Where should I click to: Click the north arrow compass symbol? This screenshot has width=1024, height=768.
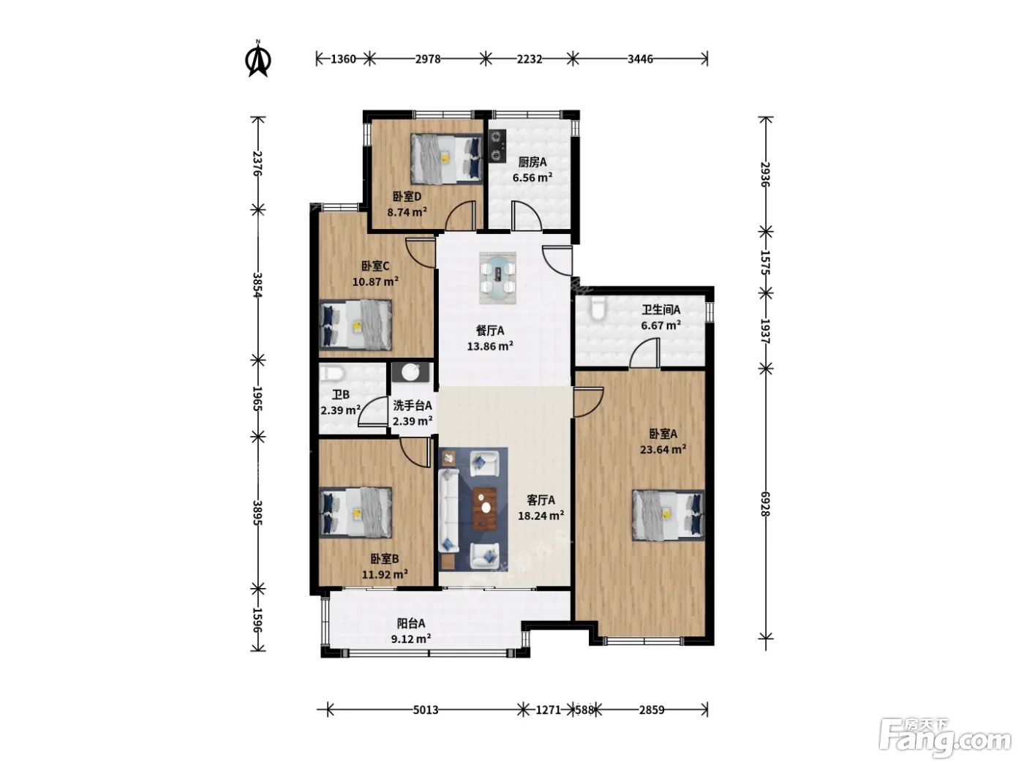coord(258,59)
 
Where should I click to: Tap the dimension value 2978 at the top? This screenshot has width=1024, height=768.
coord(427,59)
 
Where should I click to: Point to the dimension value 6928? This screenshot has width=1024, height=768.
coord(764,504)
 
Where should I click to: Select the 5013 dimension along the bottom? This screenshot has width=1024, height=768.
coord(426,709)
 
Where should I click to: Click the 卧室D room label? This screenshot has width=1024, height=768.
coord(407,196)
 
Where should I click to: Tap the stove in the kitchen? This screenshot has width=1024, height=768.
coord(497,146)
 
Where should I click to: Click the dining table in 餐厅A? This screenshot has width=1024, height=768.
coord(498,278)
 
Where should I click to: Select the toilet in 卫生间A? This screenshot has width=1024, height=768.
coord(597,307)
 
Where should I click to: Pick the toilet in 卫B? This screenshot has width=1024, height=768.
coord(331,374)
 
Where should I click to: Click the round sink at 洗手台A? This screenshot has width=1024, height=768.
coord(411,372)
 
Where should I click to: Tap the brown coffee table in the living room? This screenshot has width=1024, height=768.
coord(484,509)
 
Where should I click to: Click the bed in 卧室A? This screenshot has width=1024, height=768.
coord(668,515)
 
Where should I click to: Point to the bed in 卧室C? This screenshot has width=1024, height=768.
coord(355,325)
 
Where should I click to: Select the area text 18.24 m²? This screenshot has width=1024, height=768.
coord(541,515)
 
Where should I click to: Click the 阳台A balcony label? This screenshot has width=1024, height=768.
coord(410,623)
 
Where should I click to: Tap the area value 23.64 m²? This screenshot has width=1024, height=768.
coord(663,449)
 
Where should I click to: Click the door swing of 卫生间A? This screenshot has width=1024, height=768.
coord(644,353)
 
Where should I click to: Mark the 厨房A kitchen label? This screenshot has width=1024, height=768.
coord(532,162)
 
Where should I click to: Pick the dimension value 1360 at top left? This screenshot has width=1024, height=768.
coord(343,59)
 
